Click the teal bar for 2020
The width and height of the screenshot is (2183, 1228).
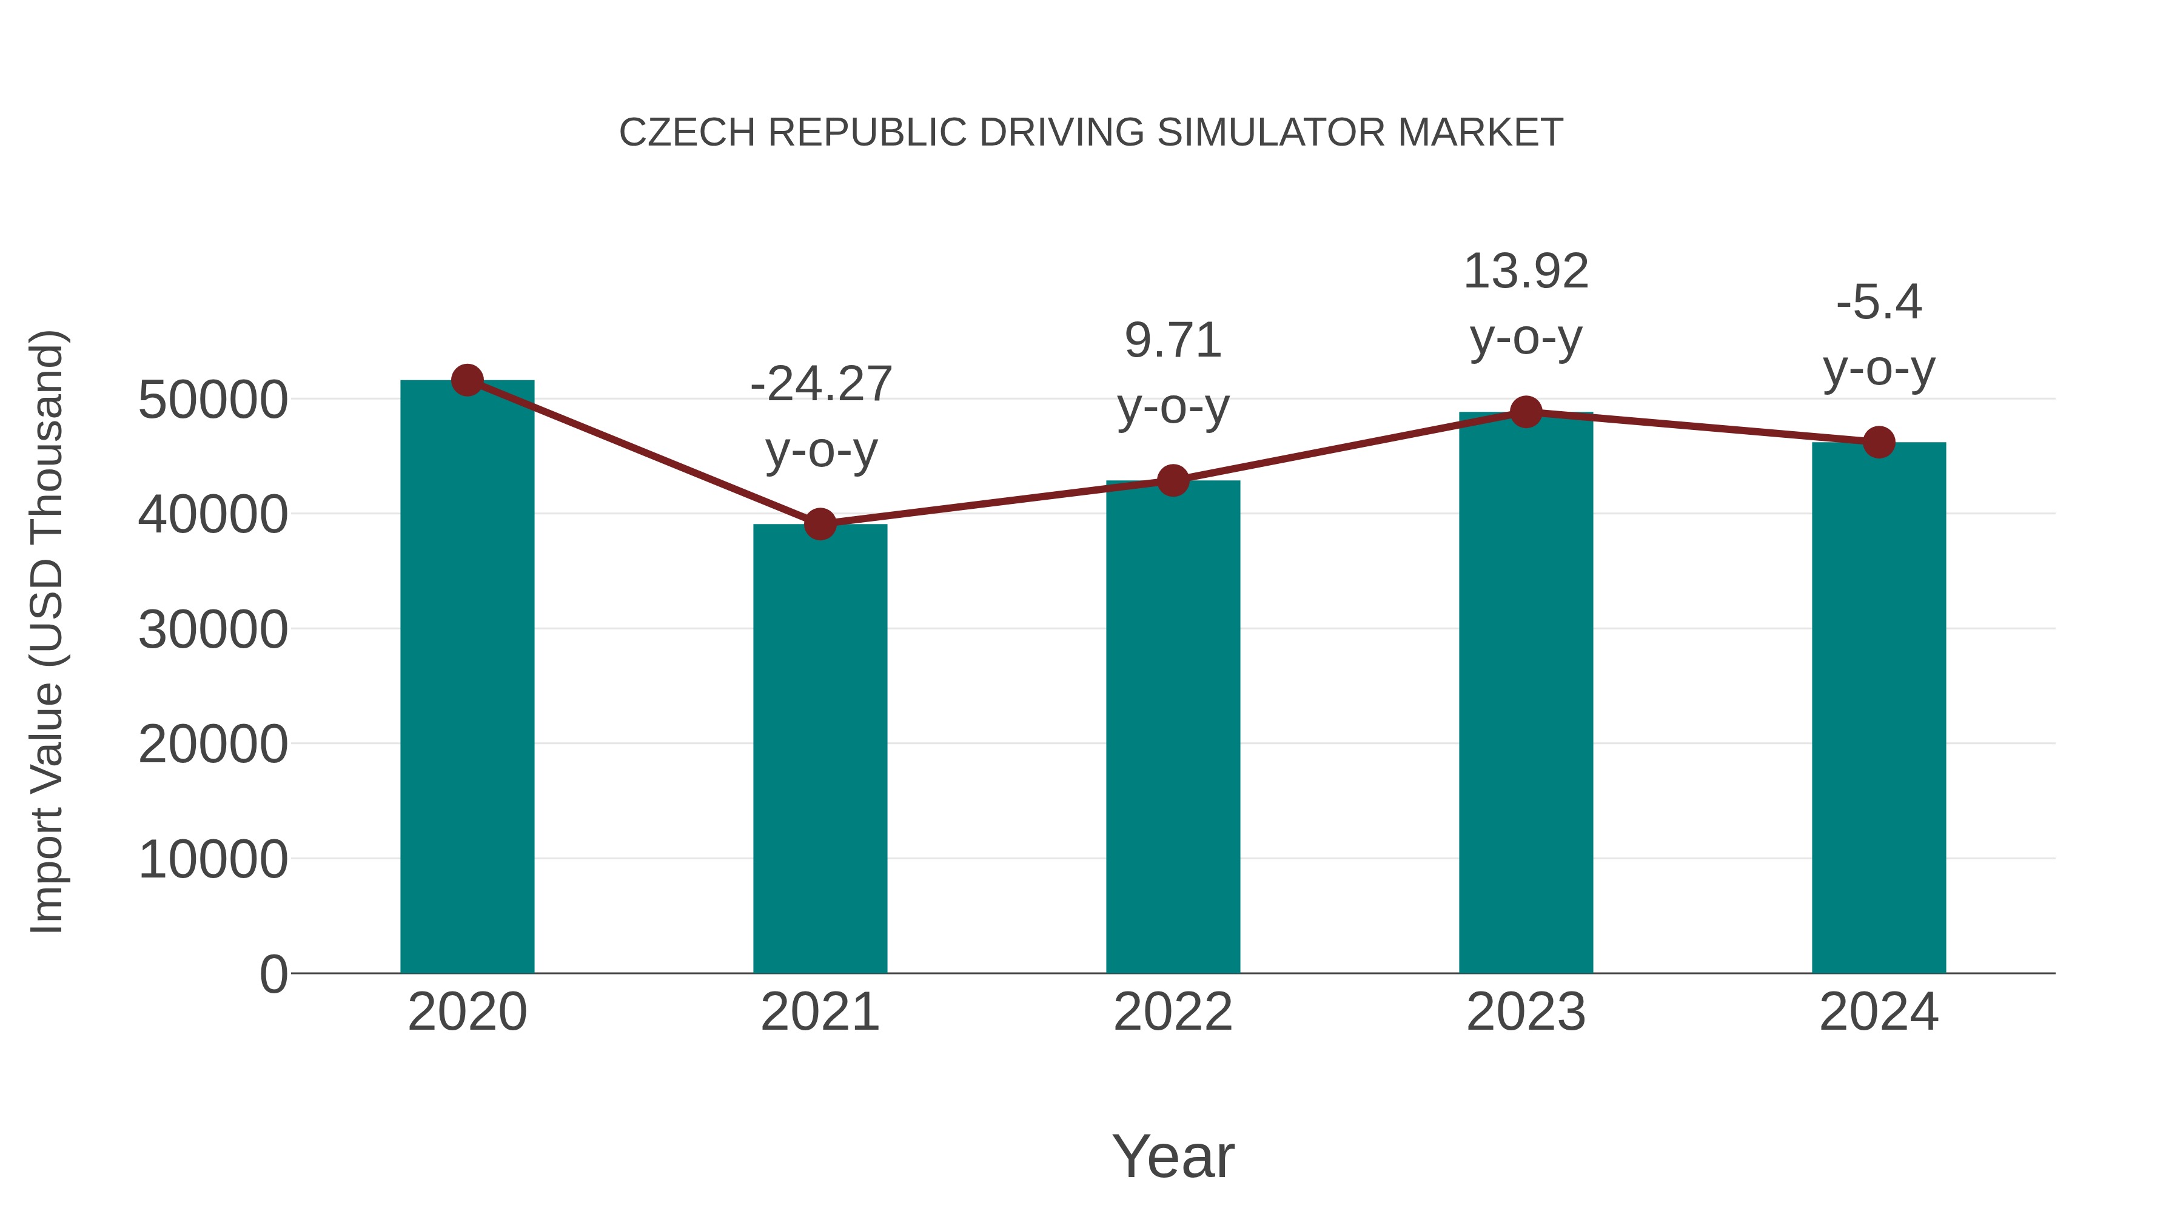[467, 678]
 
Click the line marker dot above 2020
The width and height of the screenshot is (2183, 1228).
[467, 380]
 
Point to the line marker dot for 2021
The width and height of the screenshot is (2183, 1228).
[819, 524]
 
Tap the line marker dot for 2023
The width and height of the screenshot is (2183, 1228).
[1526, 412]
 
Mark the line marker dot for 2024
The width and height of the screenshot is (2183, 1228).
[1879, 441]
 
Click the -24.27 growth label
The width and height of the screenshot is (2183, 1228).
[820, 384]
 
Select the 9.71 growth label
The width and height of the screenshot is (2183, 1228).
[1173, 341]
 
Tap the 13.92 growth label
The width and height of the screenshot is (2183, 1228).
[1526, 271]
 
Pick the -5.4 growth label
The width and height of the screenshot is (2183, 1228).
[1879, 303]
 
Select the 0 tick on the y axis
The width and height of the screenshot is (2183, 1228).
[273, 974]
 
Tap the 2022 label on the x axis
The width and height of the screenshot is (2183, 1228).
[1173, 1012]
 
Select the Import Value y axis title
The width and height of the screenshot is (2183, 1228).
[47, 631]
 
